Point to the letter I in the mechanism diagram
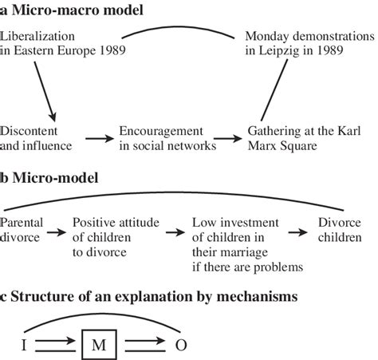(x=23, y=346)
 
